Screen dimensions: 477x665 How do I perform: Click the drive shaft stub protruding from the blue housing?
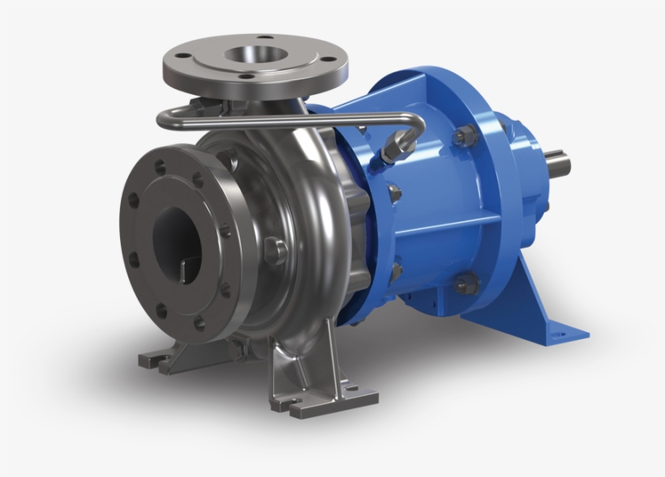560,164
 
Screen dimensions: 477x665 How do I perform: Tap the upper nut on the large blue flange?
465,136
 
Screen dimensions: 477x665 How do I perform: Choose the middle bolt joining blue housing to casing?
394,194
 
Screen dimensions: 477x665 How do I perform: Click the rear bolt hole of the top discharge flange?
267,37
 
